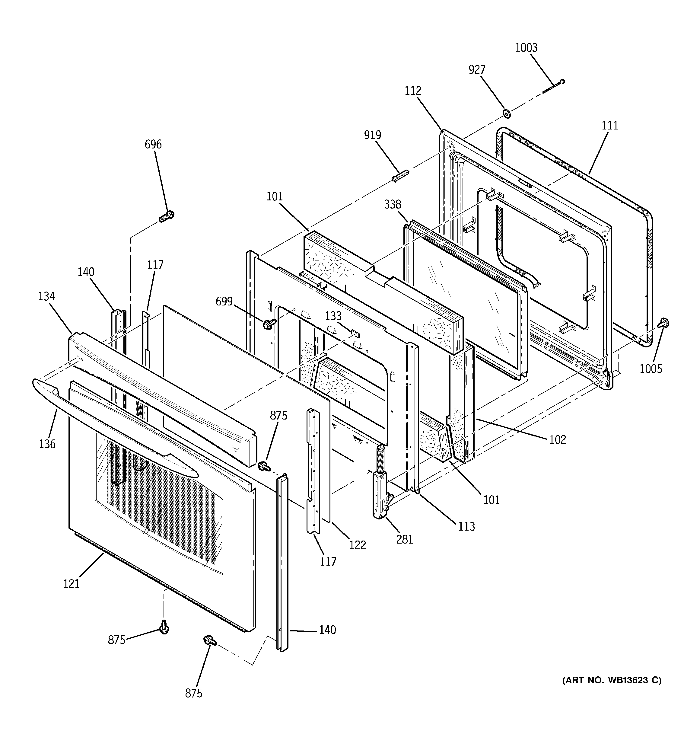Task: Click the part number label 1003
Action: [526, 48]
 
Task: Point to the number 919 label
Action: [372, 135]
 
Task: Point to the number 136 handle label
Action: [47, 444]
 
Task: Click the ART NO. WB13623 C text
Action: [612, 680]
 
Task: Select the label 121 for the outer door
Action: [72, 583]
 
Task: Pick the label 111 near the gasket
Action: [610, 126]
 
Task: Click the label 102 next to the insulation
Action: [558, 439]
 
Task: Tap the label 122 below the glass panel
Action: [357, 545]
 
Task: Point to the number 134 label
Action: [46, 296]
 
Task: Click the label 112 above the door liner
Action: [413, 91]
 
